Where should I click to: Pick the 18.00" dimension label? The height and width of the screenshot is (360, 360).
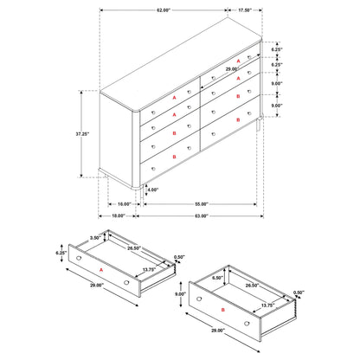[119, 215]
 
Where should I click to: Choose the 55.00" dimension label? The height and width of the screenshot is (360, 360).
[200, 203]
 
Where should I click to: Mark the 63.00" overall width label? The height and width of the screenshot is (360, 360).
[200, 215]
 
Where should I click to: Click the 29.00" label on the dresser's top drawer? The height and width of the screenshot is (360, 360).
[232, 67]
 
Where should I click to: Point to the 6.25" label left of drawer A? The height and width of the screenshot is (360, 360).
[61, 253]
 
